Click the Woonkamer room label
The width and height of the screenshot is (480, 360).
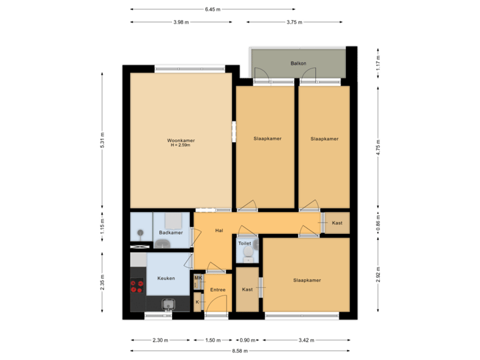click(x=181, y=141)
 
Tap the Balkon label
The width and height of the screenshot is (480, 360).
click(x=298, y=63)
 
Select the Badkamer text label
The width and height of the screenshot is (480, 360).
click(x=171, y=233)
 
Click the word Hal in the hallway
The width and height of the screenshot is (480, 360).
click(x=218, y=231)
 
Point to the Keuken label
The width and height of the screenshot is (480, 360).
click(x=166, y=278)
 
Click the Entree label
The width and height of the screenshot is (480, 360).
click(x=217, y=290)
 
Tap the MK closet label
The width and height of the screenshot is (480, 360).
click(x=198, y=277)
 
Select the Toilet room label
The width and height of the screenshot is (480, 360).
click(x=245, y=244)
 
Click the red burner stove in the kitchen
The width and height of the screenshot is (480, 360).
click(x=137, y=286)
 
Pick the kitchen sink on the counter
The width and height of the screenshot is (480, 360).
click(x=168, y=305)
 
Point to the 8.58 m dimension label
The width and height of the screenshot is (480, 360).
click(x=240, y=351)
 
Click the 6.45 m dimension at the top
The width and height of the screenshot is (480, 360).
click(x=213, y=9)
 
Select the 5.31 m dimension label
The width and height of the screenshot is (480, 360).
click(x=102, y=141)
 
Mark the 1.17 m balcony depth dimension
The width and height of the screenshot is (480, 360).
click(x=378, y=63)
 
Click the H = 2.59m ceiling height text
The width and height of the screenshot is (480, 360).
click(x=181, y=146)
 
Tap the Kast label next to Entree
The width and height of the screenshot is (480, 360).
click(x=247, y=290)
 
